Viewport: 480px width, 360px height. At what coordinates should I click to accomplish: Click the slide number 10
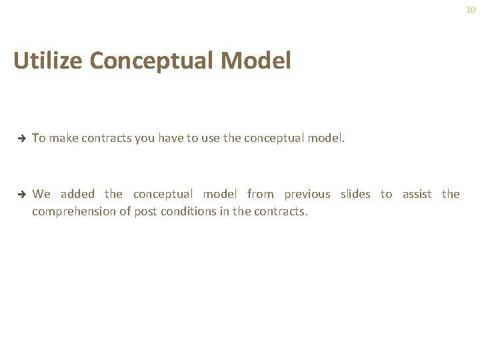tap(471, 10)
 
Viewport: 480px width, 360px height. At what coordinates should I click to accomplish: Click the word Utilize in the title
tap(49, 61)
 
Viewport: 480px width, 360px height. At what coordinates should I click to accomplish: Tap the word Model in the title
tap(256, 61)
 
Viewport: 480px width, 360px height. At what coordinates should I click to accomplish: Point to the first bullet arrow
tap(21, 139)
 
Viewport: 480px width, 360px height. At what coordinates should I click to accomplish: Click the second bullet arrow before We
tap(21, 195)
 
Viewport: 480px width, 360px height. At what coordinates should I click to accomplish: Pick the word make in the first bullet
tap(63, 138)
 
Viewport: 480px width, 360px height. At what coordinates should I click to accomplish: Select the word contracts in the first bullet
tap(107, 138)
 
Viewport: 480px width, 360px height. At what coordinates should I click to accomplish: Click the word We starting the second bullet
tap(41, 194)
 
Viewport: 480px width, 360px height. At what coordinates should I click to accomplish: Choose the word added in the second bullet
tap(77, 194)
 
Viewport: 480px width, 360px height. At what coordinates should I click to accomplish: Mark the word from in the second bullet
tap(260, 194)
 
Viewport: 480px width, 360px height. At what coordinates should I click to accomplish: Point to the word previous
tap(307, 194)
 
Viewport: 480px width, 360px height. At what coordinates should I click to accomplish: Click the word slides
tap(355, 194)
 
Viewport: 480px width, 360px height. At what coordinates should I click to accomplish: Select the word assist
tap(417, 194)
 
